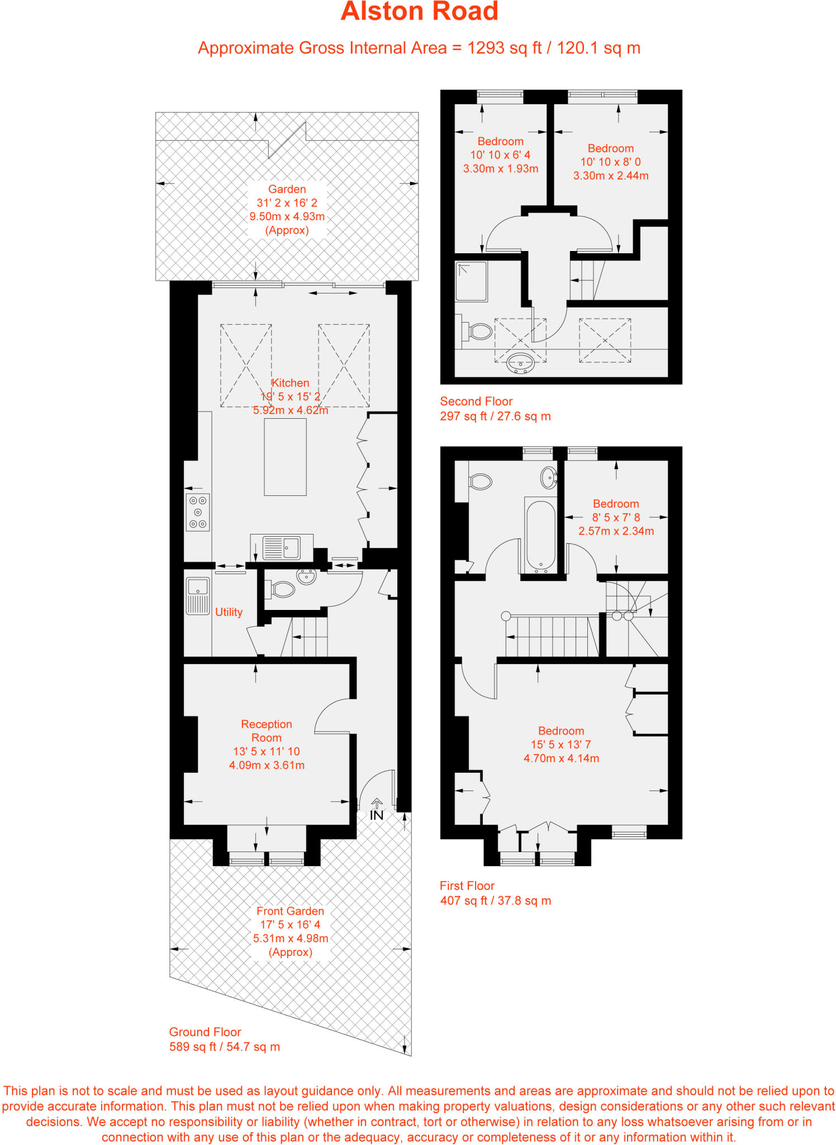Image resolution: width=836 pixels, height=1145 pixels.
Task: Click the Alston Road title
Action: click(419, 12)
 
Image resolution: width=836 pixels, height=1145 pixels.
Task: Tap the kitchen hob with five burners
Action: click(198, 512)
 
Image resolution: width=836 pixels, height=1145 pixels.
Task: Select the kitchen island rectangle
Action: click(285, 457)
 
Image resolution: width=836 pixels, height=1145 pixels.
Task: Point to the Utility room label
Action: click(229, 612)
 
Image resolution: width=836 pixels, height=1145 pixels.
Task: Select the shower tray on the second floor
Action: click(471, 281)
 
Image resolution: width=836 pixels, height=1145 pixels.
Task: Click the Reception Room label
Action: click(267, 731)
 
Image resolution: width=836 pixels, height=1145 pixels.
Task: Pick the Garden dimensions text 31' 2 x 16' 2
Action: click(287, 203)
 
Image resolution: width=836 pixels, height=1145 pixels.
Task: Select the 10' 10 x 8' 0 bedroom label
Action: click(610, 162)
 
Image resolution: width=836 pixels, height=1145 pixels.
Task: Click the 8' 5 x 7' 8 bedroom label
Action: click(616, 518)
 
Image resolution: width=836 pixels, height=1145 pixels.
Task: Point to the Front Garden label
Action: click(290, 911)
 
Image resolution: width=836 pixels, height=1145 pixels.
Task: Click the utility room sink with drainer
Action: click(197, 596)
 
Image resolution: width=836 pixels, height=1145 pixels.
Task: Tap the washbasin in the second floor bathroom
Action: click(520, 363)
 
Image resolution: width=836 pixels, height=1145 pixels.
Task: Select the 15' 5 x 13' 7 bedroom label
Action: click(560, 745)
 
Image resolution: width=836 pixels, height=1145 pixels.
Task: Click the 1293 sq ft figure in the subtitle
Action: click(504, 48)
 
